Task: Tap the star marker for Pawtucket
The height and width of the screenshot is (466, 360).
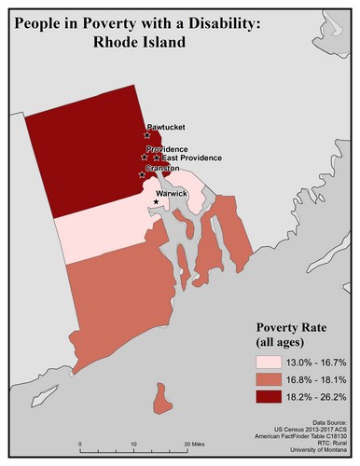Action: [x=147, y=135]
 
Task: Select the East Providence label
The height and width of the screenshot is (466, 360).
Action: [x=191, y=158]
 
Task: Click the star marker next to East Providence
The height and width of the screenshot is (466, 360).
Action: [x=156, y=158]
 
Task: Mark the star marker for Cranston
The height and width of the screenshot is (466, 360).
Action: [x=141, y=174]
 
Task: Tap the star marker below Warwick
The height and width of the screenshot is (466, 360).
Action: [x=156, y=202]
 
